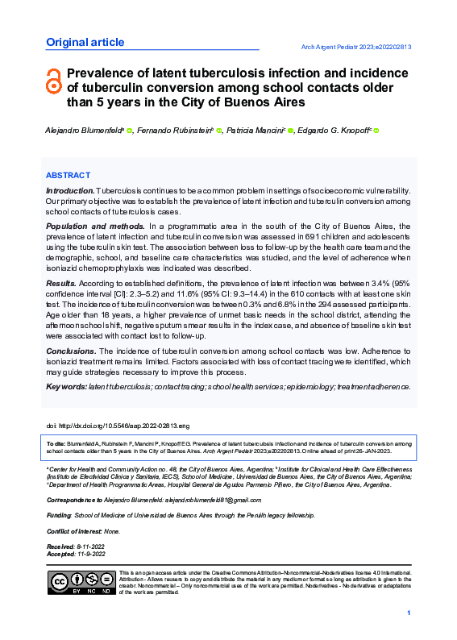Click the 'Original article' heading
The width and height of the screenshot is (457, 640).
click(x=85, y=43)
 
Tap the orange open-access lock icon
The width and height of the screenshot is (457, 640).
click(x=54, y=80)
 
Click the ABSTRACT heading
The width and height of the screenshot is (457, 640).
click(x=68, y=175)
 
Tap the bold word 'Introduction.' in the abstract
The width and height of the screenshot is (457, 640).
click(x=70, y=190)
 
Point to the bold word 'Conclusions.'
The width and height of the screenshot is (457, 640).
click(x=70, y=352)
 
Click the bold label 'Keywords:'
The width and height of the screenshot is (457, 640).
click(x=66, y=387)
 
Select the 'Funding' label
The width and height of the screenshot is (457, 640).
click(x=59, y=515)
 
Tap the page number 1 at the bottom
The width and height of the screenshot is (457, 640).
click(x=409, y=615)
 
